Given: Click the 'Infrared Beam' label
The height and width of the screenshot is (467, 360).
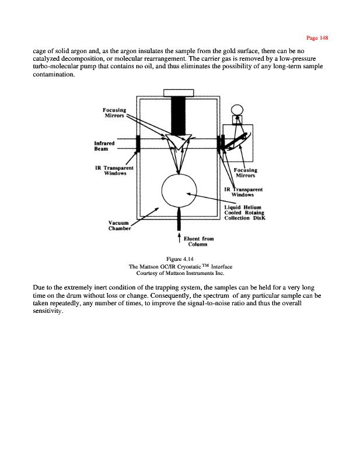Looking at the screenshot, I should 105,145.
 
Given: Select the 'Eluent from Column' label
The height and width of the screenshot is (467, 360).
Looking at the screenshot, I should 198,241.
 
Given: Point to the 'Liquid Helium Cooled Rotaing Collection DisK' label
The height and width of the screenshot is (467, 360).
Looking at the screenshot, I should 244,212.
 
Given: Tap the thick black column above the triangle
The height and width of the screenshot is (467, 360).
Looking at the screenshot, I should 179,114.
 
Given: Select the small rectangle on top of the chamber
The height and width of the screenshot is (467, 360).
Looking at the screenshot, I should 179,92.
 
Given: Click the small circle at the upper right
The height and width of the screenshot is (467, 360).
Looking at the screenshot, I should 237,109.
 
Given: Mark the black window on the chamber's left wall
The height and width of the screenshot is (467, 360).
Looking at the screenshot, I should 138,143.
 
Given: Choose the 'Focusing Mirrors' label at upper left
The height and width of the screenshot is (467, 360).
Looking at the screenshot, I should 114,112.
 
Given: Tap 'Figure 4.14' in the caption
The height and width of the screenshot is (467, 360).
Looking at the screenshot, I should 180,259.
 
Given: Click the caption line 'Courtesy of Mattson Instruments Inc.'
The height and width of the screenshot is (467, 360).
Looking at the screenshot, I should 180,273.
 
